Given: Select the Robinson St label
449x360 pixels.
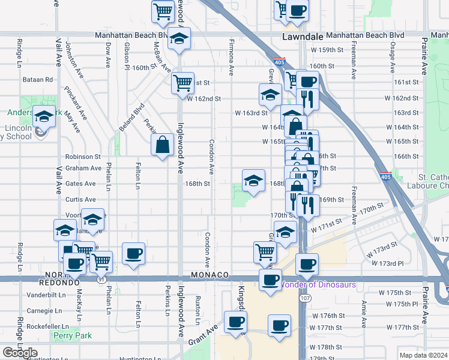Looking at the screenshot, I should [83, 156].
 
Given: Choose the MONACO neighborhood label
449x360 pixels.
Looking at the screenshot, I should [210, 275].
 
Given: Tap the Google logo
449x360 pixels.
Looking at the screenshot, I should [20, 353].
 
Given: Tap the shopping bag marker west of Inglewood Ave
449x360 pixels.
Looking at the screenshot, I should [163, 145].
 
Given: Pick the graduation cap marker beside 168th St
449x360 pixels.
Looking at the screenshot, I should [253, 180].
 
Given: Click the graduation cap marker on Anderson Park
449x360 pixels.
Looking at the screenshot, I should [44, 116].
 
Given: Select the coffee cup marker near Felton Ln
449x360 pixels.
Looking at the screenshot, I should [133, 253].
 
